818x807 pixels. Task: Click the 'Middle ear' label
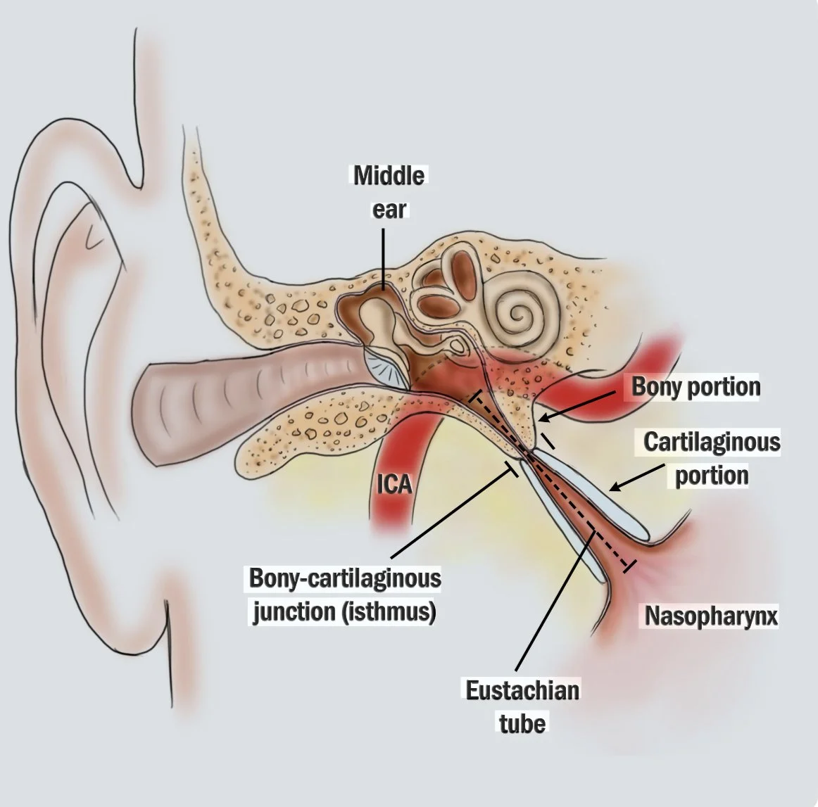389,192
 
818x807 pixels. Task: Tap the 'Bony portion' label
696,387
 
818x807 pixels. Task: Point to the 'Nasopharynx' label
711,616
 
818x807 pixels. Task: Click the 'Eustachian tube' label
522,707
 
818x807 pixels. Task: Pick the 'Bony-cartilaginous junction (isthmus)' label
345,595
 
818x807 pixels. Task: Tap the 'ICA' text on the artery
394,485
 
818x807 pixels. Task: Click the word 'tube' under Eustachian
522,723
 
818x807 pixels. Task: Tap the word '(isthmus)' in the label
388,611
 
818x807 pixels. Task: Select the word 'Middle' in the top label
389,175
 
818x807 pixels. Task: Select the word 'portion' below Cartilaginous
712,476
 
